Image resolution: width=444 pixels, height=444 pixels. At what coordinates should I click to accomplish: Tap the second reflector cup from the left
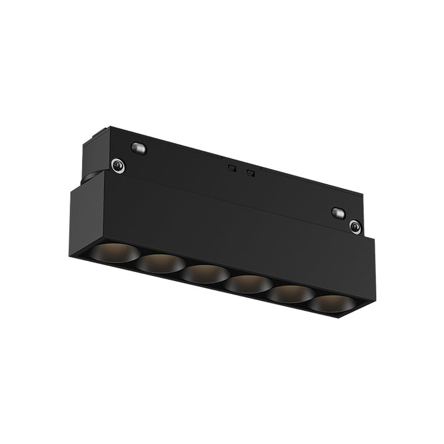click(161, 263)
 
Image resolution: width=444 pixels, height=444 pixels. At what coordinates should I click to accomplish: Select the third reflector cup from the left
click(206, 273)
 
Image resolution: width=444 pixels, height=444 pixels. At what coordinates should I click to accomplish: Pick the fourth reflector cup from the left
click(249, 283)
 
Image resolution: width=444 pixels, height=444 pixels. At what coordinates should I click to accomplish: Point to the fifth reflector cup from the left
click(290, 294)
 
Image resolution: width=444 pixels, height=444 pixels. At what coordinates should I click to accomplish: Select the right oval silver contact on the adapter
click(337, 213)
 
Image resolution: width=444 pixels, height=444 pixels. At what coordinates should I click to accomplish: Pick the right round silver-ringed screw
click(355, 227)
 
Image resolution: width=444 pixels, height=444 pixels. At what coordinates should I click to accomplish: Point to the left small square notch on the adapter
click(231, 167)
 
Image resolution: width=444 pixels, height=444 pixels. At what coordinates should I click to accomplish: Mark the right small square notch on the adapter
click(250, 172)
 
